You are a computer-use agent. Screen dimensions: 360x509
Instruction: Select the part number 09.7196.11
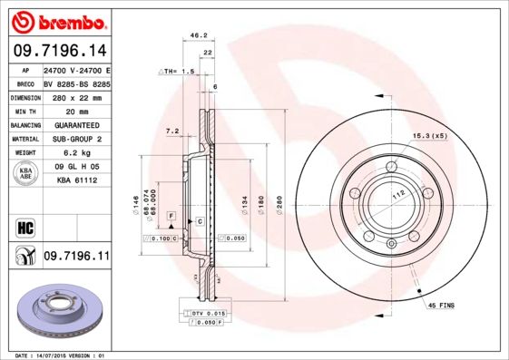76,258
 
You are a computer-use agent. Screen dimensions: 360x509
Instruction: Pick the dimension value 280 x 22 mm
77,95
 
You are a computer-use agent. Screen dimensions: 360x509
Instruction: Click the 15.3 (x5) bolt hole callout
431,136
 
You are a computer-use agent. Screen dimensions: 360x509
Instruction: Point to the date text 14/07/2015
59,355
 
